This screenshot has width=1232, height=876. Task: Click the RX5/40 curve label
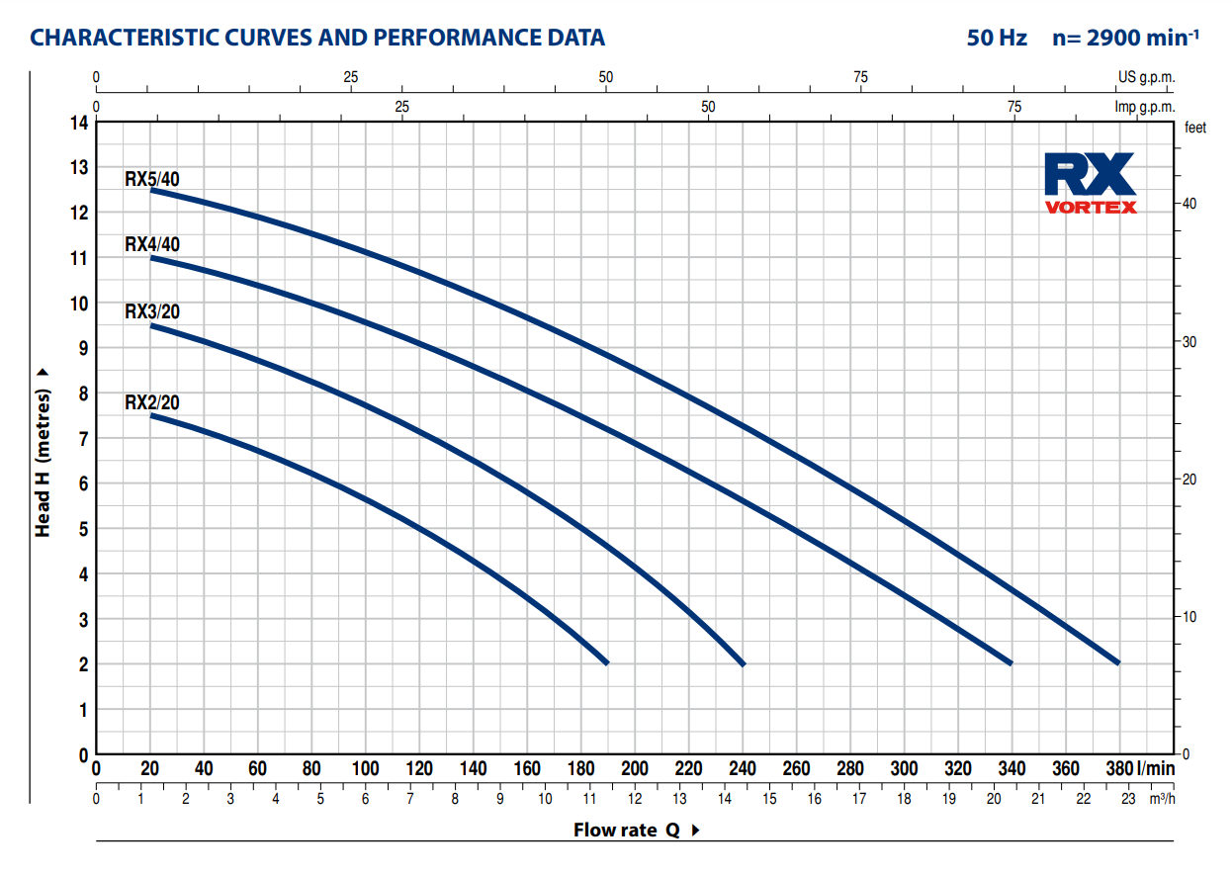(x=152, y=179)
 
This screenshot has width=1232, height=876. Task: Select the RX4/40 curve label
(x=152, y=245)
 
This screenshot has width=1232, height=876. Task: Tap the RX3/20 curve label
(x=152, y=312)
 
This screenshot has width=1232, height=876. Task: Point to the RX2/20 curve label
(x=152, y=402)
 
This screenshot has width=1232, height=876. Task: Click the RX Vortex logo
(x=1090, y=184)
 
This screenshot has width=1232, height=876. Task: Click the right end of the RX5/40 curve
(x=1118, y=662)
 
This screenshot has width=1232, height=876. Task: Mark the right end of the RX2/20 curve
(x=606, y=662)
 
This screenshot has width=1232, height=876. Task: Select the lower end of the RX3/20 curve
(x=743, y=663)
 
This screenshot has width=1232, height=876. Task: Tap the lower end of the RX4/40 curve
(x=1011, y=662)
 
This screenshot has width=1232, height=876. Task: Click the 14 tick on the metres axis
(x=77, y=123)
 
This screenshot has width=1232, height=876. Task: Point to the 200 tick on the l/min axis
(x=634, y=769)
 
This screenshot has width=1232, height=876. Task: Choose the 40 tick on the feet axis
(x=1189, y=204)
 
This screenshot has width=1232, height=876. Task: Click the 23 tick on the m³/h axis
(x=1127, y=799)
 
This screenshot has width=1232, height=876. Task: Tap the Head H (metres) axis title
(x=43, y=454)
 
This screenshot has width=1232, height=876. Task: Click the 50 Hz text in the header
(x=997, y=39)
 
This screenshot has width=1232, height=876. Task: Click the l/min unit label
(x=1156, y=769)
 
